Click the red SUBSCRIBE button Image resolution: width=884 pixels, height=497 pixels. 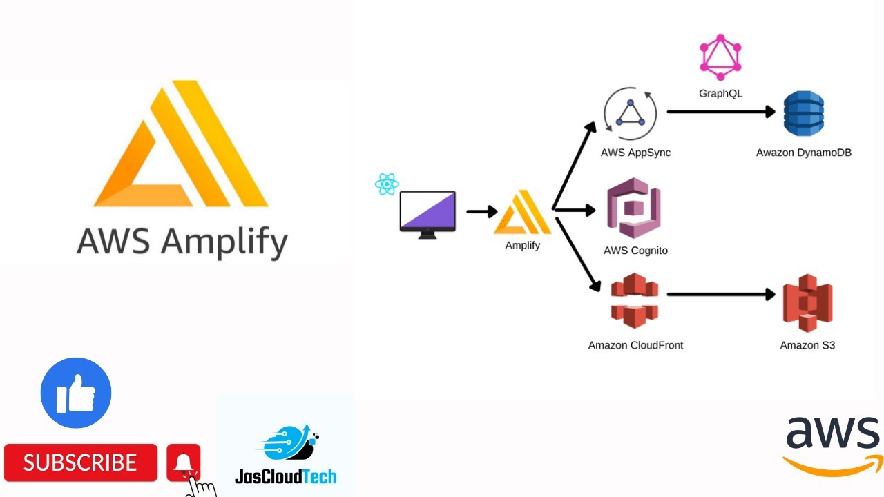pos(81,462)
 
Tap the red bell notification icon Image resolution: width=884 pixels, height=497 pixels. pos(184,462)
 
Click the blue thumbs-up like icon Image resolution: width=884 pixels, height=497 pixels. pos(76,393)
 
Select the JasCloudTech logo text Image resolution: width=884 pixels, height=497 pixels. pos(285,476)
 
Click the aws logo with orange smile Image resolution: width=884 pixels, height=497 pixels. pos(833,446)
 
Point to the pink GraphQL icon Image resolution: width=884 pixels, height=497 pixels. pos(720,57)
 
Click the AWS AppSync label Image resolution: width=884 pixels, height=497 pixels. pos(635,153)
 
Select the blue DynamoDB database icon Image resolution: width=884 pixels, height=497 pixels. pos(803,114)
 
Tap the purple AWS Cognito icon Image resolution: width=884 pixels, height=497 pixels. pos(633,208)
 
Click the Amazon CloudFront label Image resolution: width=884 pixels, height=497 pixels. pos(635,345)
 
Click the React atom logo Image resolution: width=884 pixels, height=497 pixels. pos(387,184)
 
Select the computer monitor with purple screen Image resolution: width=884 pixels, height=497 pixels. pos(427,213)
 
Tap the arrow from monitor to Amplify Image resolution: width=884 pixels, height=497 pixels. pos(481,211)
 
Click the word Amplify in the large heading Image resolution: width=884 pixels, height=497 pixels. pos(224,242)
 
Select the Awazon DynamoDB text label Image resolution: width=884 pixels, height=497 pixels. pos(803,153)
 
